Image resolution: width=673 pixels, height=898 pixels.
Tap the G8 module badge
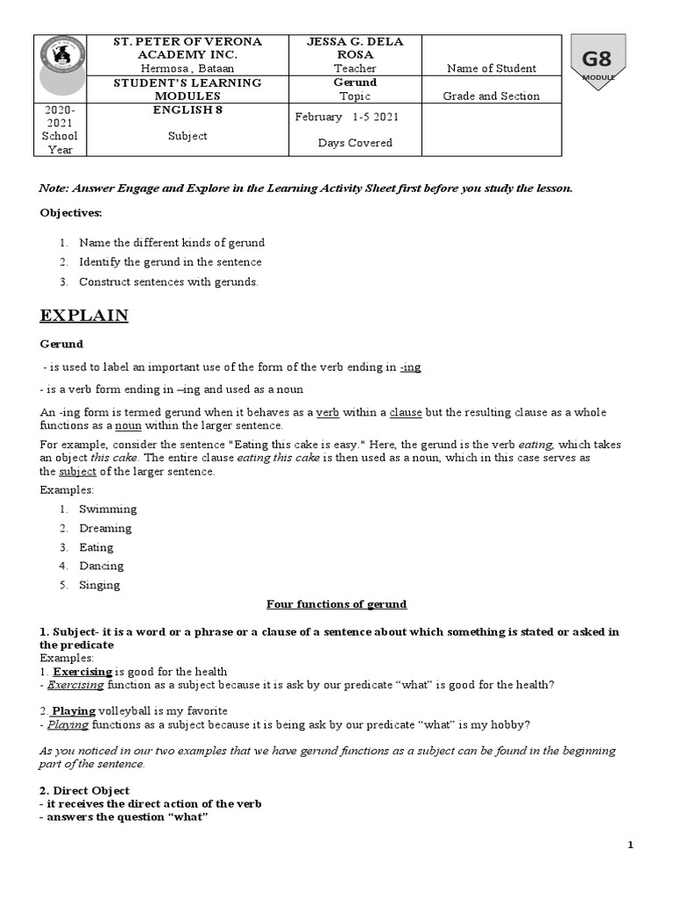598,62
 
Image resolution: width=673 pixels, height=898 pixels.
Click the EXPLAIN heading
84,316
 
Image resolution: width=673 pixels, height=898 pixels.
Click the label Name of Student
491,68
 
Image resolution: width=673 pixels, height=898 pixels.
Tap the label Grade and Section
491,96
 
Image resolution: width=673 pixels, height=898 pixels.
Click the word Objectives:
71,212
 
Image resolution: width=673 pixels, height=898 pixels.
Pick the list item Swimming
108,510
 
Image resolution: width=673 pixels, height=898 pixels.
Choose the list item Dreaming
105,528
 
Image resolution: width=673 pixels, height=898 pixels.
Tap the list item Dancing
102,567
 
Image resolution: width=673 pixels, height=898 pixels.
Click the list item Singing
100,586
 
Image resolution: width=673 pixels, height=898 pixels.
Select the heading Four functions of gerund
336,604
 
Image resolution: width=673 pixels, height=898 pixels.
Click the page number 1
629,845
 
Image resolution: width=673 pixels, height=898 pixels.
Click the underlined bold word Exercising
83,672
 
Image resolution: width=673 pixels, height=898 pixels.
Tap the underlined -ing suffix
410,367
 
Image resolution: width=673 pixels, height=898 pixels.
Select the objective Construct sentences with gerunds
168,282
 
